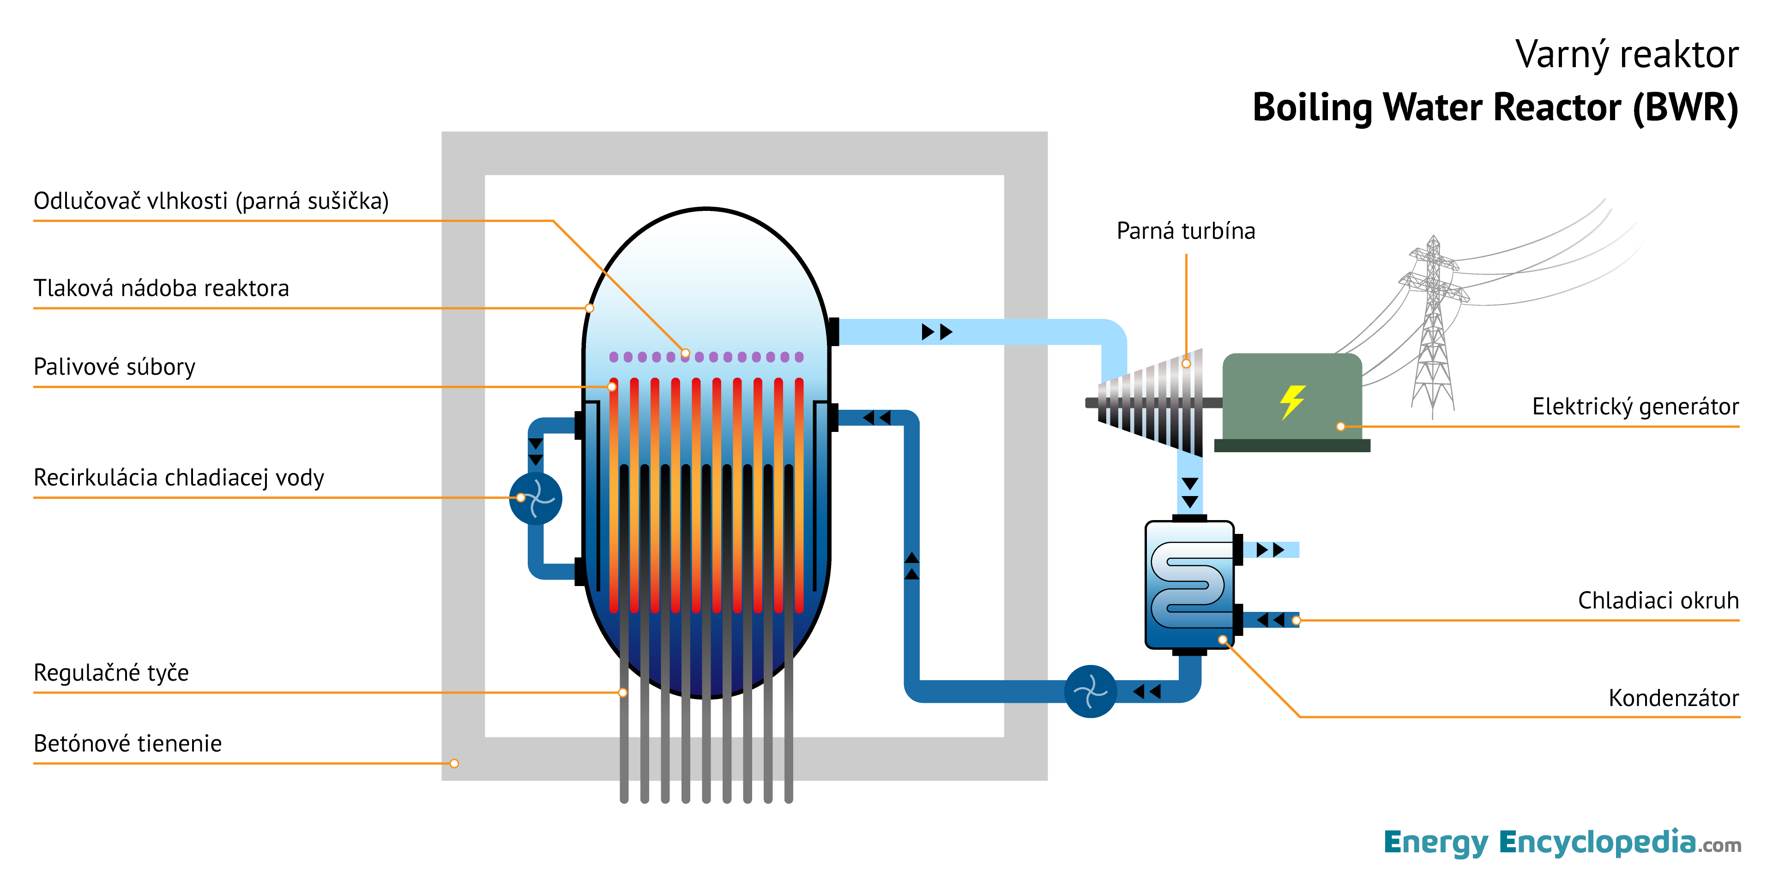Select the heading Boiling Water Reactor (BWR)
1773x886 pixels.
pyautogui.click(x=1495, y=108)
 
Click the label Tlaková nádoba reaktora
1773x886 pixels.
pyautogui.click(x=161, y=288)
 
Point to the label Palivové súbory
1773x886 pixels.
pyautogui.click(x=114, y=367)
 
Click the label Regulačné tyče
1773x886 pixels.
pyautogui.click(x=111, y=672)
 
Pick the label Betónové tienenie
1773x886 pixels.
pyautogui.click(x=127, y=743)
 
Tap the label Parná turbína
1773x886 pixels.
pyautogui.click(x=1185, y=231)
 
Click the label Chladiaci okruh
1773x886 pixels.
pyautogui.click(x=1658, y=600)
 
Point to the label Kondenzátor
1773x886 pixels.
pyautogui.click(x=1673, y=698)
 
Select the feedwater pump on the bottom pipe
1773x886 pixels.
pyautogui.click(x=1090, y=691)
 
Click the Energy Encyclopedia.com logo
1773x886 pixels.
pyautogui.click(x=1562, y=843)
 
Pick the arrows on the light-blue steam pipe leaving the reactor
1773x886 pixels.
pyautogui.click(x=937, y=332)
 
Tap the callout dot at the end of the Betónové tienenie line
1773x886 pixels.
pyautogui.click(x=454, y=764)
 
